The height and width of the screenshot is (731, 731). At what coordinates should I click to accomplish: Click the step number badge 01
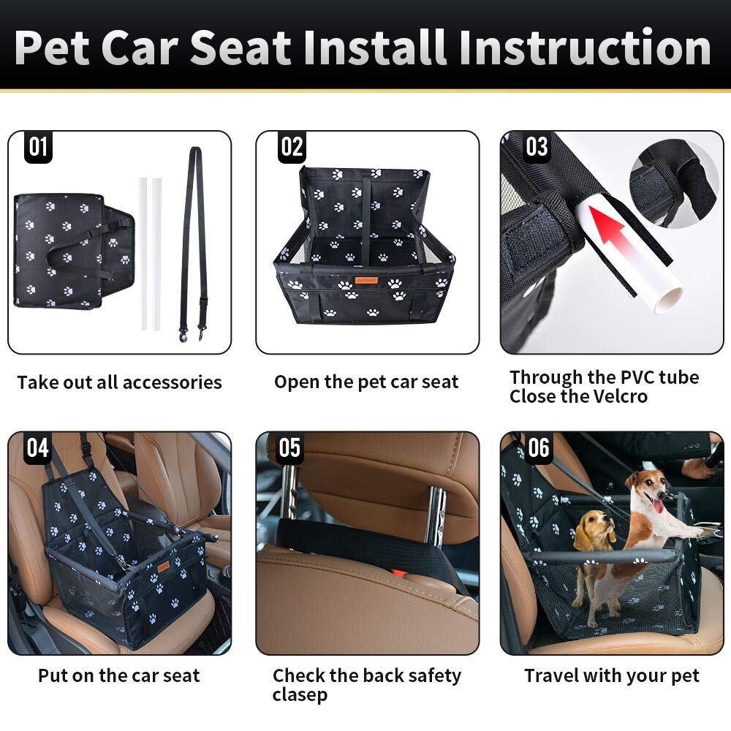coord(38,148)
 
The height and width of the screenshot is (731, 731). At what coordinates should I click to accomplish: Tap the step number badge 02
coord(292,148)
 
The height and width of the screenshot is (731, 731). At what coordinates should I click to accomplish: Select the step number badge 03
coord(537,147)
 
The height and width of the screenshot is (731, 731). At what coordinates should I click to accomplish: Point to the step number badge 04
coord(38,448)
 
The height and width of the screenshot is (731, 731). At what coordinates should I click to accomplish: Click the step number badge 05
coord(289,448)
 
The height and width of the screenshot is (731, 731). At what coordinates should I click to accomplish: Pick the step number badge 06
coord(539,448)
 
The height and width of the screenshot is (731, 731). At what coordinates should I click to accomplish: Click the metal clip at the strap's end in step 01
coord(182,336)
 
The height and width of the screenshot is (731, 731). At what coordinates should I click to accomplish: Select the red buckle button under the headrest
coord(398,571)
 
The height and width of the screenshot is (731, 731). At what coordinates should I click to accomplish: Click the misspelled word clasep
coord(300,694)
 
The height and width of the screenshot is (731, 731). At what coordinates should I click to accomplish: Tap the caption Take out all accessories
coord(119,382)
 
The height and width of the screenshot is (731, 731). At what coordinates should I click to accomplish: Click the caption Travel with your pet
coord(611,676)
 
